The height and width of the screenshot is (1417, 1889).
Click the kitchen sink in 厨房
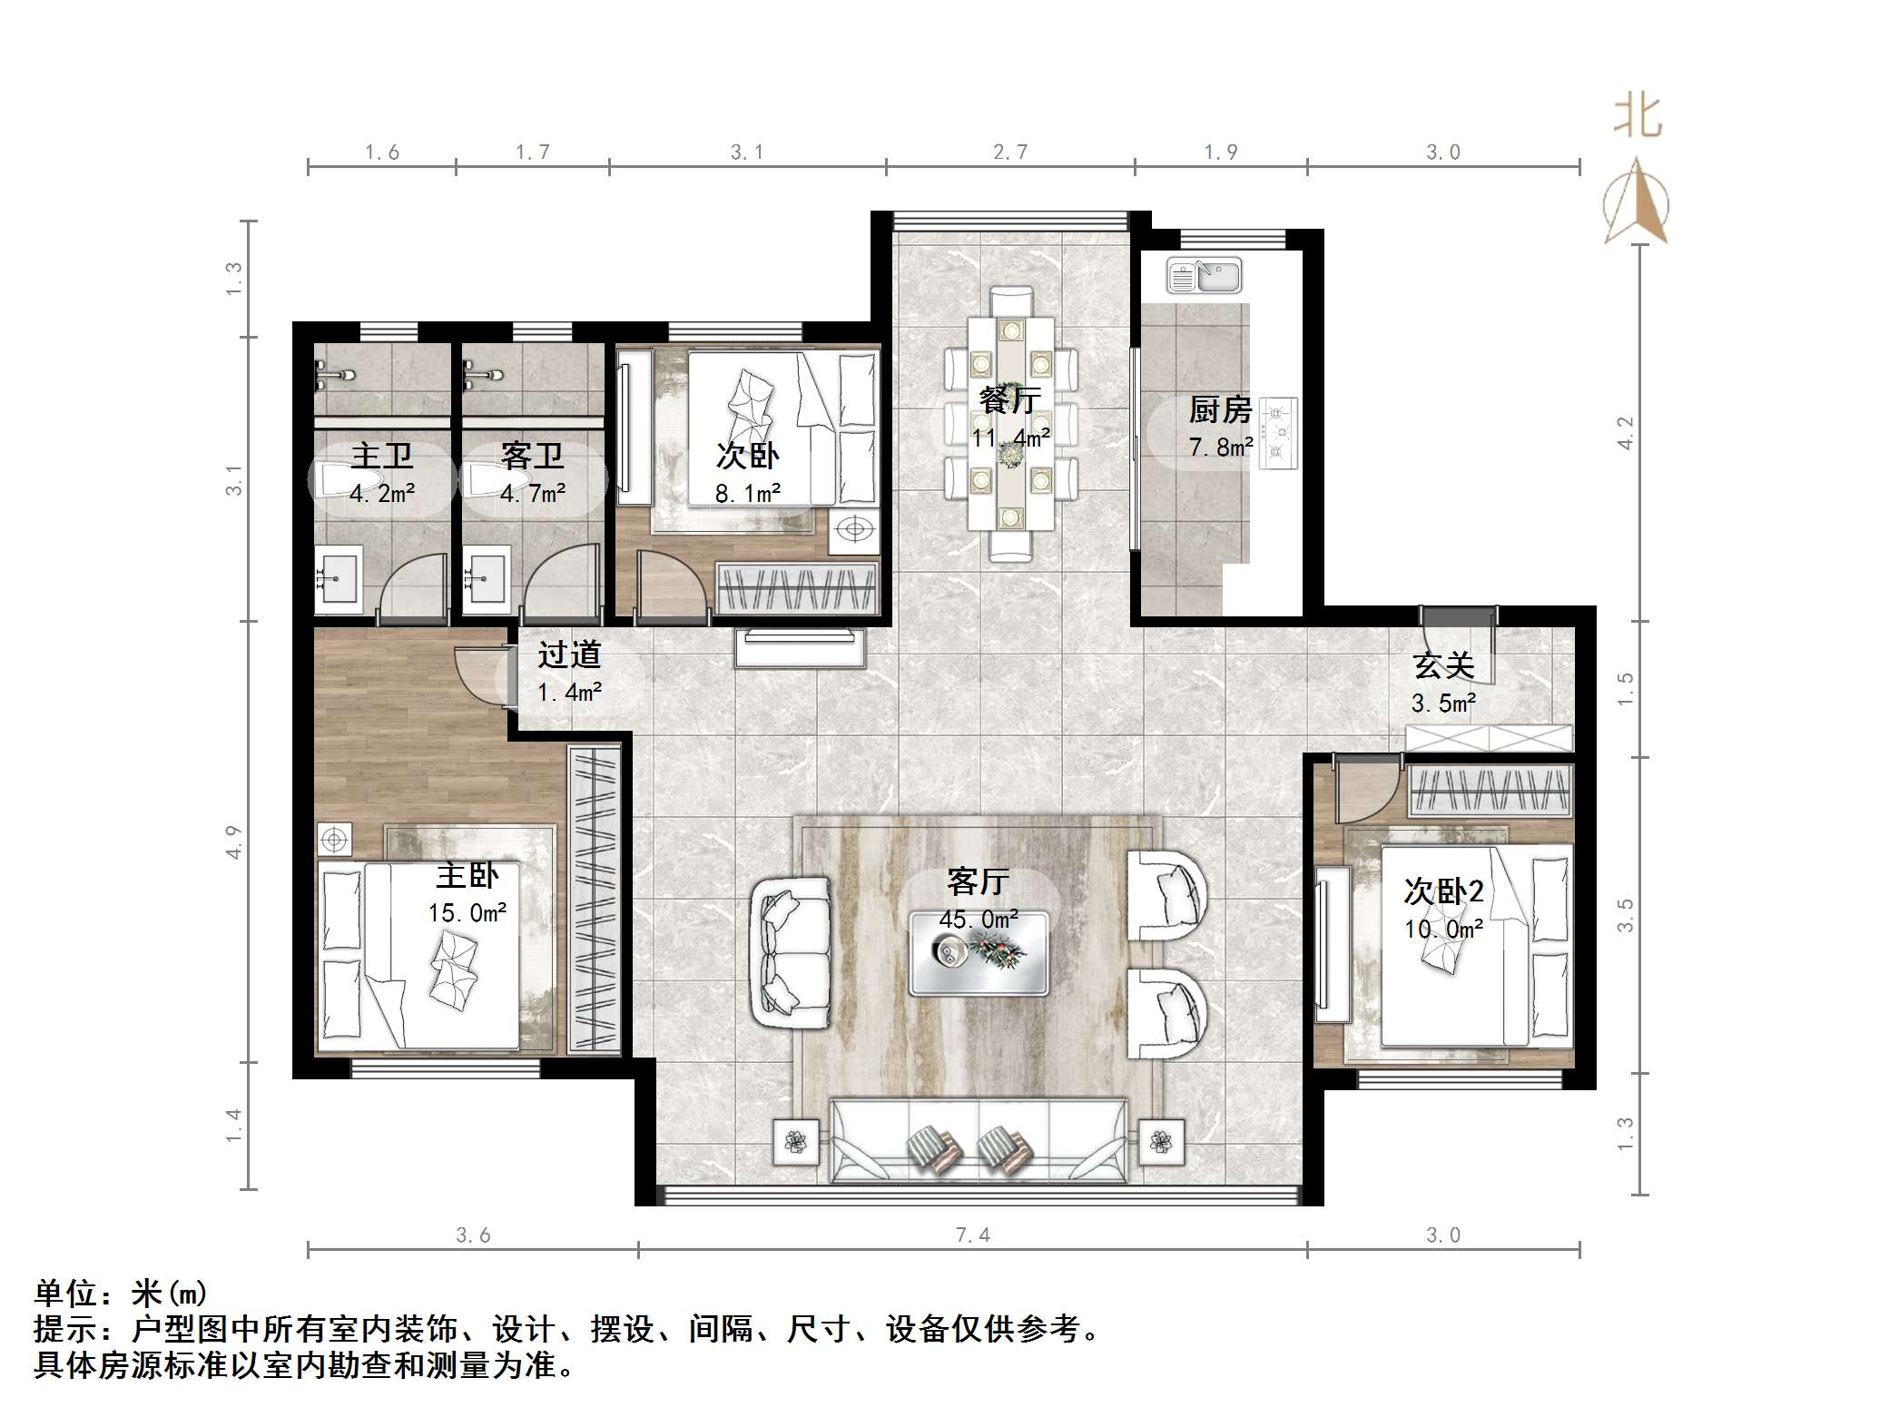pyautogui.click(x=1204, y=275)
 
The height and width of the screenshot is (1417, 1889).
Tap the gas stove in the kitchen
pyautogui.click(x=1278, y=434)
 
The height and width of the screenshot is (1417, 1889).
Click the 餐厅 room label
pyautogui.click(x=1010, y=399)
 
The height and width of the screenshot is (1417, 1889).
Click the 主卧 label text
pyautogui.click(x=467, y=875)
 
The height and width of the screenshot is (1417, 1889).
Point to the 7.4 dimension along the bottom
pyautogui.click(x=972, y=1235)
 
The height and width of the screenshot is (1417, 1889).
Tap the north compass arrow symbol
pyautogui.click(x=1636, y=202)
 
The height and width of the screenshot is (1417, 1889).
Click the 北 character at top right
pyautogui.click(x=1638, y=118)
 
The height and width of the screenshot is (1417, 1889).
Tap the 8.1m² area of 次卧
pyautogui.click(x=747, y=493)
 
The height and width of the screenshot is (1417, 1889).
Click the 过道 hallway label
pyautogui.click(x=569, y=654)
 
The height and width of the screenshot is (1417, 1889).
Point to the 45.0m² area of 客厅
pyautogui.click(x=979, y=919)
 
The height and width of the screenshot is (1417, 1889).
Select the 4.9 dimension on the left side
pyautogui.click(x=234, y=841)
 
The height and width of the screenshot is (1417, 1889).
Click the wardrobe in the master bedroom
pyautogui.click(x=595, y=899)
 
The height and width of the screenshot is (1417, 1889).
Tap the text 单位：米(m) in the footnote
pyautogui.click(x=121, y=1293)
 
